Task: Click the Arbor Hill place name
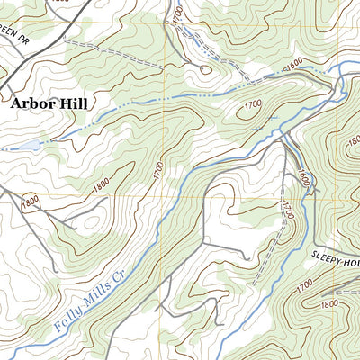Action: [x=49, y=103]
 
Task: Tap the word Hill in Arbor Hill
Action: [x=71, y=103]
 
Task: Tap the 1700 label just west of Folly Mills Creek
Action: [x=157, y=168]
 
